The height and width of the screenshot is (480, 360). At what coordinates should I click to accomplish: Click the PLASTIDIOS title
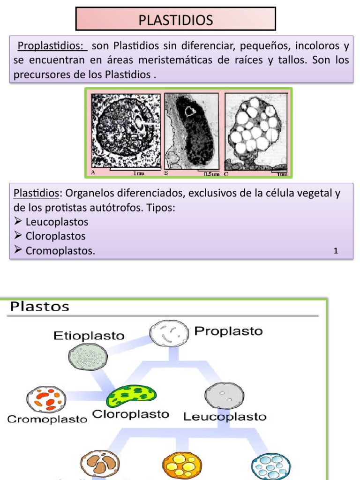click(x=176, y=20)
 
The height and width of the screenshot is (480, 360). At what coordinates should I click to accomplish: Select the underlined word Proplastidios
click(x=52, y=46)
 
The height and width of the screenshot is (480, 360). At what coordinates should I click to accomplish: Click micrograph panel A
click(x=125, y=132)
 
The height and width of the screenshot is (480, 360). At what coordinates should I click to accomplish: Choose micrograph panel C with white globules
click(x=256, y=131)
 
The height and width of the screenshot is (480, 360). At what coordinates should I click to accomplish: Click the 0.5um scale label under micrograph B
click(x=212, y=174)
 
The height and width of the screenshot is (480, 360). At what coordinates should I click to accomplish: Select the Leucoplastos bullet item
click(x=57, y=222)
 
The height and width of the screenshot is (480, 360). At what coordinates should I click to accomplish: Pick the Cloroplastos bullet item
click(x=55, y=236)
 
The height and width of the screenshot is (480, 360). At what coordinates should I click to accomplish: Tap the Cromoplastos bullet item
click(x=60, y=251)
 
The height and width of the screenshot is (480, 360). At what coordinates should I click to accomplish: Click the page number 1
click(x=336, y=251)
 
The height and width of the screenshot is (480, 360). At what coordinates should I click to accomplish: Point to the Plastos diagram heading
click(x=40, y=307)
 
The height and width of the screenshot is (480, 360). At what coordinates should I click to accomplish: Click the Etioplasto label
click(x=89, y=336)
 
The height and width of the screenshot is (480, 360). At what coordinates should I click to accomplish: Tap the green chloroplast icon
click(x=131, y=397)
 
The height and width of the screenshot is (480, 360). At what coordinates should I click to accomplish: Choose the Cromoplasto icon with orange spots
click(x=46, y=399)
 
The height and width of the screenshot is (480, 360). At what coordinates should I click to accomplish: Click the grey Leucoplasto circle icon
click(x=225, y=396)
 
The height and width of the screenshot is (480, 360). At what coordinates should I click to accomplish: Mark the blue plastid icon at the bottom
click(x=271, y=466)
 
